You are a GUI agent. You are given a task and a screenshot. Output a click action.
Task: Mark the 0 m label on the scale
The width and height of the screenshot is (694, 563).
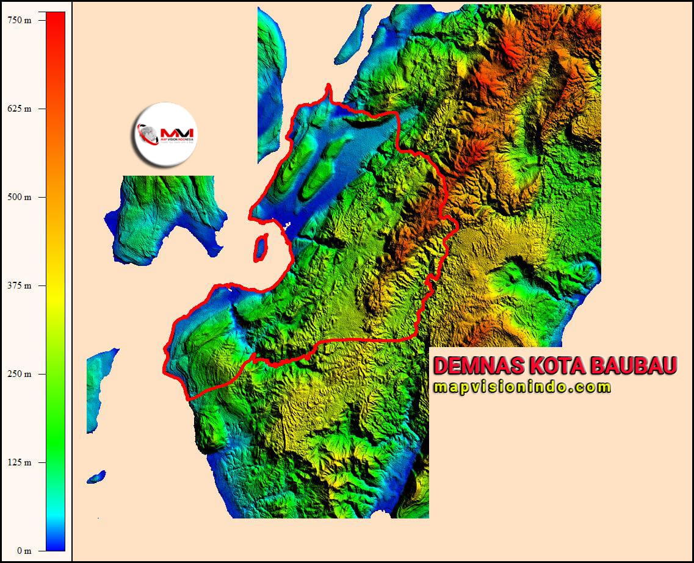pos(23,551)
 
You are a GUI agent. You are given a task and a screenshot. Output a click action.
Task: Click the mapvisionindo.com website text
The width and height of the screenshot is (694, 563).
pos(522,387)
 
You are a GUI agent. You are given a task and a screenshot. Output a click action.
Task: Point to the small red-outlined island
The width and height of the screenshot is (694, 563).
pos(261,248)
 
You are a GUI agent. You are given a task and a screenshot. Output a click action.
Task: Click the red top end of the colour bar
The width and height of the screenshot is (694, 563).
pos(56,18)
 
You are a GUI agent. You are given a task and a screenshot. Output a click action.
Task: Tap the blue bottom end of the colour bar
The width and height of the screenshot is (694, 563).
pos(56,546)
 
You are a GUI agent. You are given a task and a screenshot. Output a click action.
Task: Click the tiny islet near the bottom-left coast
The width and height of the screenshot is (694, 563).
pos(96,476)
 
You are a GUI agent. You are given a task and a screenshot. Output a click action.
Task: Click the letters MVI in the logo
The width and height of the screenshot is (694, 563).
pos(177,132)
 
